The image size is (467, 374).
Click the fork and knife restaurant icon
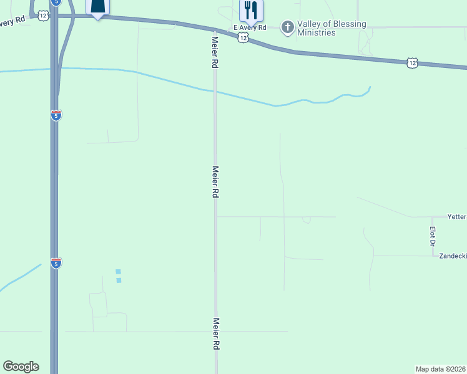point(251,10)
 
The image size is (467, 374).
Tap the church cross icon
point(287,27)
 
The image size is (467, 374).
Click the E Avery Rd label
point(250,28)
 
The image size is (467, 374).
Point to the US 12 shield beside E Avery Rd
point(243,38)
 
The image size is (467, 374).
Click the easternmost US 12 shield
point(411,62)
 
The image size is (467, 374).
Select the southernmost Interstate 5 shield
point(56,262)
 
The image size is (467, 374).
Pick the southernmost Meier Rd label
point(216,333)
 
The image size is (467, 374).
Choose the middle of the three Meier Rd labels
point(215,182)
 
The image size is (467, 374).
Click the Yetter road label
point(457,217)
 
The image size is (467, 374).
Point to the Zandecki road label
point(453,256)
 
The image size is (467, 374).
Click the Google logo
point(21,367)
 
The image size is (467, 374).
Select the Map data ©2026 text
point(441,368)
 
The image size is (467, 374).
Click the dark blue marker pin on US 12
point(97,6)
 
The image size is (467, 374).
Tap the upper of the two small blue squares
point(118,271)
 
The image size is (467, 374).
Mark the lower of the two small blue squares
point(119,280)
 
